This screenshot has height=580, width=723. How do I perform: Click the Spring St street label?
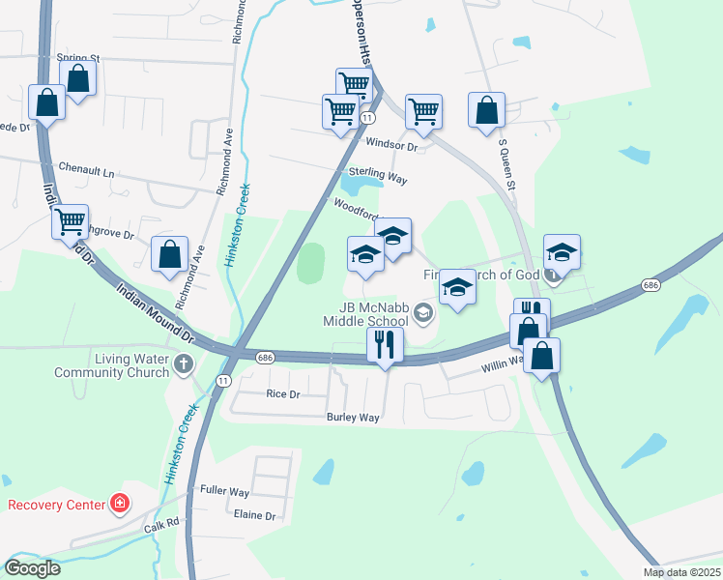point(78,59)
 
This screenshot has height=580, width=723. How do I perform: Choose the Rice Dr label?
point(282,393)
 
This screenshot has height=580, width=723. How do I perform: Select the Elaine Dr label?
point(254,515)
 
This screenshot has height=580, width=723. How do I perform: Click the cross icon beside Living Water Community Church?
point(184,364)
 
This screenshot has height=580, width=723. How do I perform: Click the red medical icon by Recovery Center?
point(118,504)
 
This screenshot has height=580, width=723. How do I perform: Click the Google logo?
point(32,568)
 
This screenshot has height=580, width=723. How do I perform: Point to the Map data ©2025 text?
point(681,572)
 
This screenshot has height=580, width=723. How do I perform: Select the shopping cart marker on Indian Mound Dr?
point(71,222)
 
